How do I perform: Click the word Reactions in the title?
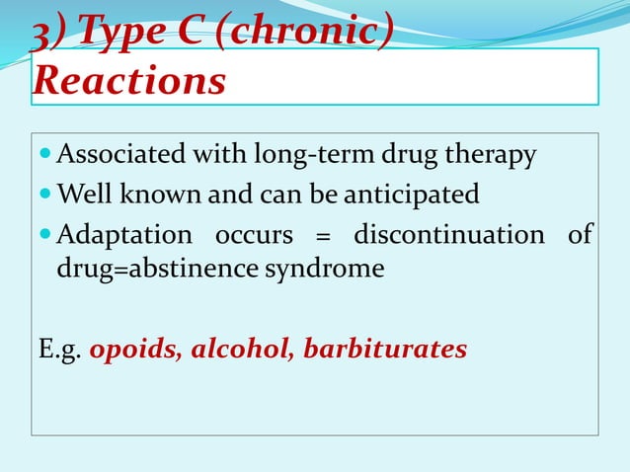coord(128,82)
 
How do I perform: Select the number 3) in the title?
coord(49,35)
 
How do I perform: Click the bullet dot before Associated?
coord(45,156)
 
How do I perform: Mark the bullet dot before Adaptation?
coord(45,235)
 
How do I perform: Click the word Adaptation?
coord(124,235)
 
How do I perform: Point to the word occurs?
coord(257,235)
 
